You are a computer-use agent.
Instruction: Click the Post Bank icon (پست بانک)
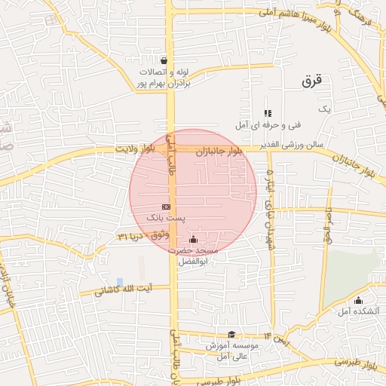point(166,206)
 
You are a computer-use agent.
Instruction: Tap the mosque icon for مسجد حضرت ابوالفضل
point(192,239)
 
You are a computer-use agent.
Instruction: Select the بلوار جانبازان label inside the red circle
point(219,152)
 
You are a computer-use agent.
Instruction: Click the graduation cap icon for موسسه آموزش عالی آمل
point(231,335)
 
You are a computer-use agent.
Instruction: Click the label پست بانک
point(165,217)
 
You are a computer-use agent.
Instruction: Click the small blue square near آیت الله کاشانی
point(119,281)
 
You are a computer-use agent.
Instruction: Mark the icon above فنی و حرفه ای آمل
point(268,113)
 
